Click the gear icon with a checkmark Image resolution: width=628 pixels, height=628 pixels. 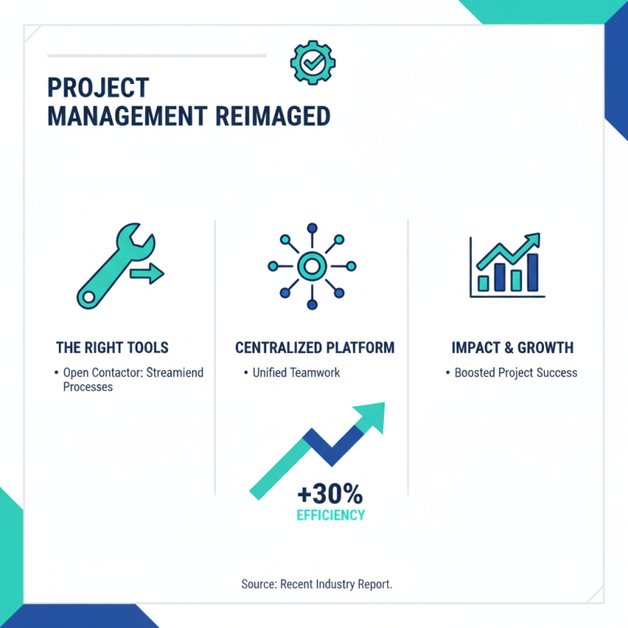(x=312, y=63)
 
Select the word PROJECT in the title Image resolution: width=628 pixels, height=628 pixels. (x=98, y=88)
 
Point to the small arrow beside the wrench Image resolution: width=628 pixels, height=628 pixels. (x=148, y=273)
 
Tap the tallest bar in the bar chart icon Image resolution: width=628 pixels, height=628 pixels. (x=532, y=272)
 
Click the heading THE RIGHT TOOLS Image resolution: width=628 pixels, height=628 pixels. (x=112, y=347)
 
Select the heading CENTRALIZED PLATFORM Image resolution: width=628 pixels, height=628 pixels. (x=315, y=347)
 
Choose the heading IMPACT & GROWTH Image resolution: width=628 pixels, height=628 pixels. (x=513, y=347)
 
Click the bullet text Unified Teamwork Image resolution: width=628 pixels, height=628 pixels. (x=296, y=373)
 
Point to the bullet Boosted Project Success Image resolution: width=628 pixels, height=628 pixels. (x=516, y=373)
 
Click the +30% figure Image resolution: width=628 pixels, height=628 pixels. (x=330, y=495)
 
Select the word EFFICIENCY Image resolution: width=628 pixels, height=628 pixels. (x=330, y=516)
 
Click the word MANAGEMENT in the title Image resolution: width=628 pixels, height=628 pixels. (x=126, y=117)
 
